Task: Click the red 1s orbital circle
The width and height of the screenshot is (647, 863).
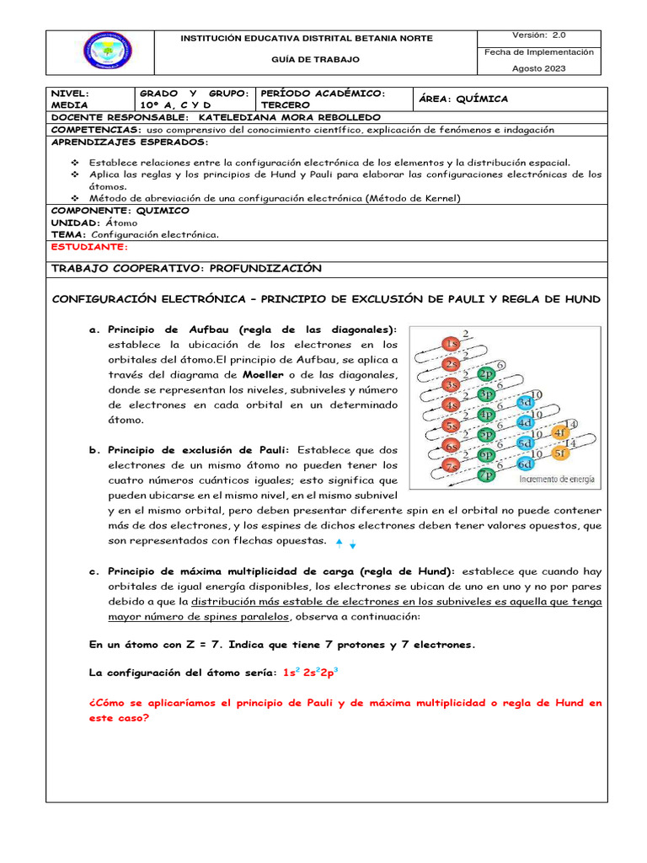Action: click(x=452, y=345)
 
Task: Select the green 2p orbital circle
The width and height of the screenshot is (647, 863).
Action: click(x=486, y=374)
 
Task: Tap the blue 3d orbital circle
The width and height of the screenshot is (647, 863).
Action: click(x=525, y=403)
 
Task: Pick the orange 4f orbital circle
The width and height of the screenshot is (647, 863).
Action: click(x=560, y=433)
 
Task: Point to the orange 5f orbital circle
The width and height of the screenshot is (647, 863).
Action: click(x=560, y=453)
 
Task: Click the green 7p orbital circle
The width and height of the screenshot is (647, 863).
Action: click(x=486, y=475)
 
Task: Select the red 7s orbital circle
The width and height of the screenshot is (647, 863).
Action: click(x=452, y=466)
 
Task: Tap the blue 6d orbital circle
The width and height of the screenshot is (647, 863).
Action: click(x=525, y=464)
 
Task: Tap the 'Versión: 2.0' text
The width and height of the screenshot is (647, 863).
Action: click(x=539, y=35)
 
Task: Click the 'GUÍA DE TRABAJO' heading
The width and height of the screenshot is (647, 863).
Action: click(x=315, y=60)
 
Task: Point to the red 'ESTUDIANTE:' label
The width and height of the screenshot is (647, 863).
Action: click(x=90, y=247)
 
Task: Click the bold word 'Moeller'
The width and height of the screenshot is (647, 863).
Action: click(x=263, y=374)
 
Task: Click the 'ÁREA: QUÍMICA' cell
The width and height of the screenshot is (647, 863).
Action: click(x=464, y=99)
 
